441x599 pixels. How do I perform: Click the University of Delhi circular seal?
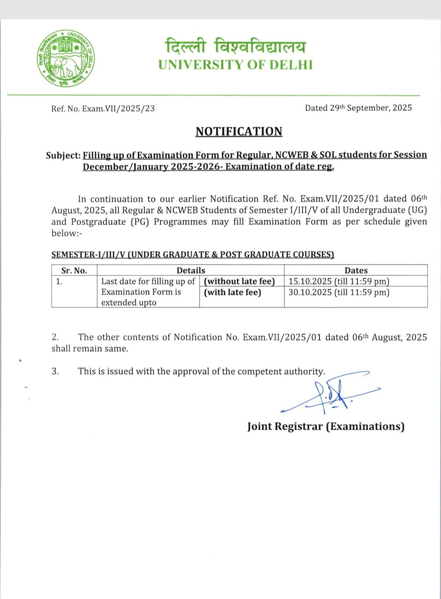(65, 58)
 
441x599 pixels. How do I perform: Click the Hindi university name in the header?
(236, 46)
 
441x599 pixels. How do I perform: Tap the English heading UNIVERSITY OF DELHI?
(236, 65)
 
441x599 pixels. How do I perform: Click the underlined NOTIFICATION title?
(239, 131)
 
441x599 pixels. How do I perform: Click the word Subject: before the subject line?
(63, 155)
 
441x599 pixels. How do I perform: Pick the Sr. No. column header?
(74, 271)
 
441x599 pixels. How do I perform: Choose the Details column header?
(191, 271)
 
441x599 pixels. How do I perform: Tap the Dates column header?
(356, 271)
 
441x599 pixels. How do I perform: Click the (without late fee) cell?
(239, 281)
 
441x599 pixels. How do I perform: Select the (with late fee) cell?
(232, 292)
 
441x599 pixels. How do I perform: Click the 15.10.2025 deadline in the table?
(310, 281)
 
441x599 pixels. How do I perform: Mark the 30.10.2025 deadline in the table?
(310, 292)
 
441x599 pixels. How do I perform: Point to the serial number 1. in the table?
(59, 281)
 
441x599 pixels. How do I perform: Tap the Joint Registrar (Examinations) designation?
(326, 426)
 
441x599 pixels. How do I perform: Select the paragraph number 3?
(55, 371)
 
